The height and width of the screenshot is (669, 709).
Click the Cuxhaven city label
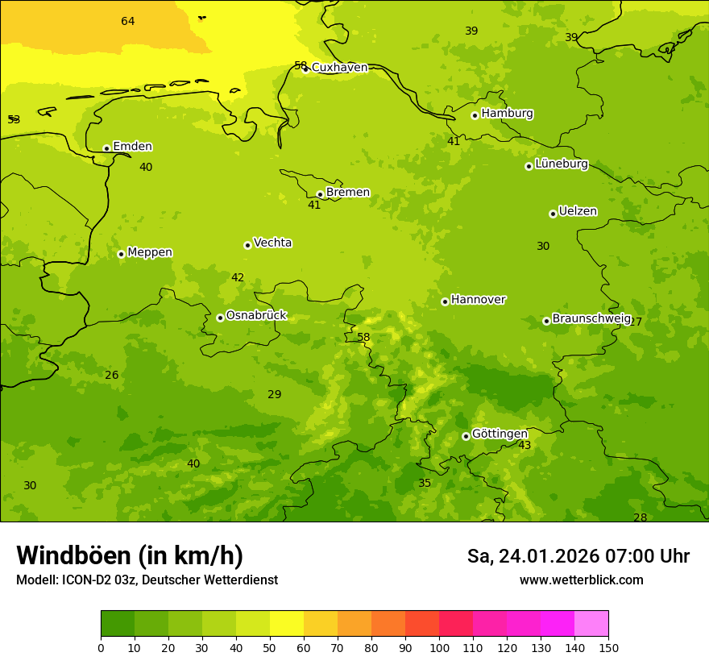(x=339, y=68)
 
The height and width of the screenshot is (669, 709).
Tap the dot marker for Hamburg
(x=475, y=115)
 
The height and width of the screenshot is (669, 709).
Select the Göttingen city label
(x=500, y=434)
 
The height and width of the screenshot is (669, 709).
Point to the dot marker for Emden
(x=106, y=148)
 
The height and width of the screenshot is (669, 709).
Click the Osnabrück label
(x=256, y=315)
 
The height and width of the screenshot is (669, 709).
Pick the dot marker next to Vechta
(x=247, y=245)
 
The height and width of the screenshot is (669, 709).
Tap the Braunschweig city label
(x=591, y=318)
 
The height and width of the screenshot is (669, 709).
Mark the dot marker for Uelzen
(x=553, y=214)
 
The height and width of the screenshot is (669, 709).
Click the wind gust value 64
(x=128, y=21)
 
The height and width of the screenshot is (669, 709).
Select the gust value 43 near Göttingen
(x=524, y=446)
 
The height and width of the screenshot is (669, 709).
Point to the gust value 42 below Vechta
(x=238, y=278)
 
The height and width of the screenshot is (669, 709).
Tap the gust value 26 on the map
(x=112, y=376)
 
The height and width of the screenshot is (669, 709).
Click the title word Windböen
(x=73, y=556)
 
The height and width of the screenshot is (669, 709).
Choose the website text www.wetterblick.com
(x=581, y=580)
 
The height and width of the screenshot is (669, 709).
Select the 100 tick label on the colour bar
(x=439, y=647)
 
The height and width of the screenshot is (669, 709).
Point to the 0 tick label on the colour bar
(x=101, y=647)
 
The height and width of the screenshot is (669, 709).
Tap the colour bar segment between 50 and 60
(x=287, y=624)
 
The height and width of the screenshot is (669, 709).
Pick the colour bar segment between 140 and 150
(x=591, y=624)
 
